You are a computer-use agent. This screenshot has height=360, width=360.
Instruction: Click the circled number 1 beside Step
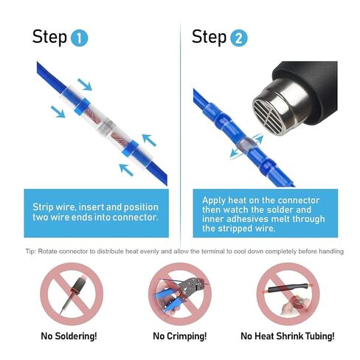80,38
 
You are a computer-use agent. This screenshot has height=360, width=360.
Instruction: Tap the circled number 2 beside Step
240,38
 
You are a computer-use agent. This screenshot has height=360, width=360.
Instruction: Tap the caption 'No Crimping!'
180,336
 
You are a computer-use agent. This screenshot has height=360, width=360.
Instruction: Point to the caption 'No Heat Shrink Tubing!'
288,336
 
